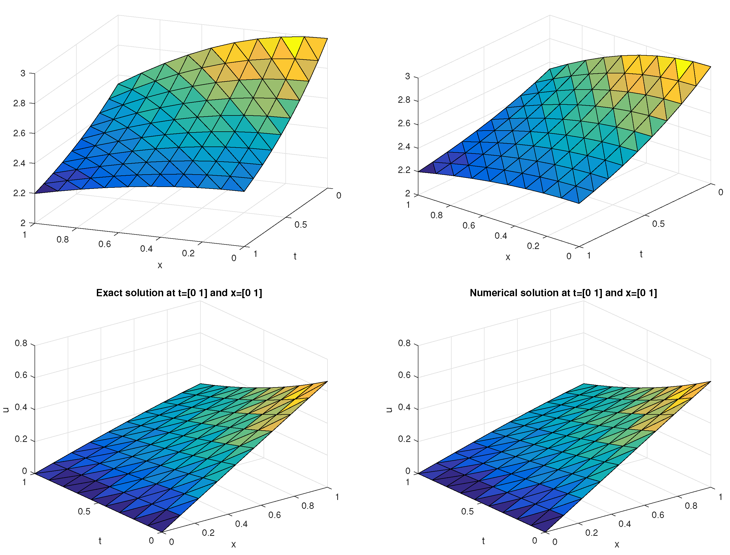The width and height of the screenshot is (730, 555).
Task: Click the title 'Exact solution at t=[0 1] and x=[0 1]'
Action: coord(179,293)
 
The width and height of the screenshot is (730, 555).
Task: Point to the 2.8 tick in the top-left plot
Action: coord(19,103)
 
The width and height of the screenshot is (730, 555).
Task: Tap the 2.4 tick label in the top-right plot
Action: coord(404,147)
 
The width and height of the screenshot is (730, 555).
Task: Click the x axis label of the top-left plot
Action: coord(160,265)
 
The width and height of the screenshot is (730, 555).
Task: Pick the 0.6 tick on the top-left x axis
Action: coord(104,244)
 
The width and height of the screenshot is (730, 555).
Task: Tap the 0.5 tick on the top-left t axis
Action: coord(301,225)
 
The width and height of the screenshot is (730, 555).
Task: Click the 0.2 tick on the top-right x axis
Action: coord(533,246)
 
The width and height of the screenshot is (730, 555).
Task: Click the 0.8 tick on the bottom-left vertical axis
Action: coord(21,343)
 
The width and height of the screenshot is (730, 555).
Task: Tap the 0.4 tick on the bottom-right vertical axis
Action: coord(404,407)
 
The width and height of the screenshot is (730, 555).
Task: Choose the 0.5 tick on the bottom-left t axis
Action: coord(84,511)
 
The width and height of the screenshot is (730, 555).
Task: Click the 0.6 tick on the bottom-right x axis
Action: coord(658,515)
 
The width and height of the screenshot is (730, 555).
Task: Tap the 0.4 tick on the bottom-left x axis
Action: coord(241,524)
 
